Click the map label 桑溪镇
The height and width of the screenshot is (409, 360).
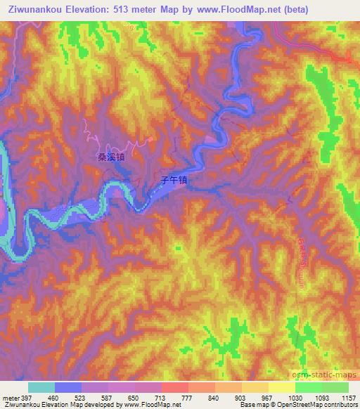tap(111, 159)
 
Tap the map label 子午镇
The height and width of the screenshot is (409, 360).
tap(172, 180)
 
